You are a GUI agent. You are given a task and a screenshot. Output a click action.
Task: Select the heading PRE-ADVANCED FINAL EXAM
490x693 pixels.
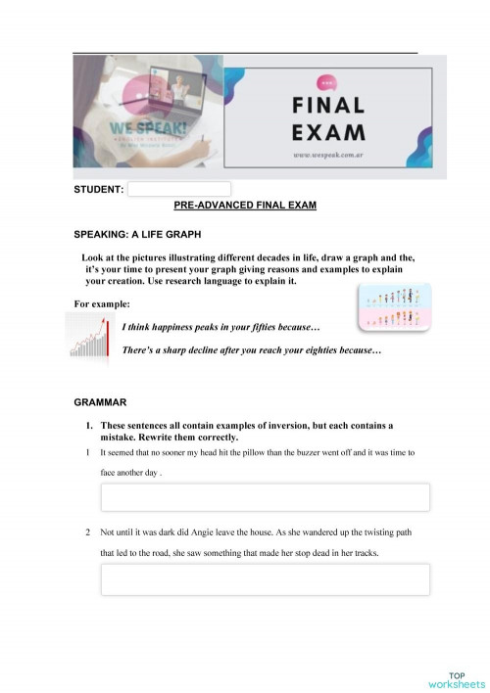click(x=244, y=207)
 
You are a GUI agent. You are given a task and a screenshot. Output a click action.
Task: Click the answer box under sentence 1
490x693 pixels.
click(x=265, y=497)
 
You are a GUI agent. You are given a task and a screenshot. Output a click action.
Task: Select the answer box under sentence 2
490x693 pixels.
click(x=265, y=579)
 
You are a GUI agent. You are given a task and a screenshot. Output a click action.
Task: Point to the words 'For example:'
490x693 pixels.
click(x=101, y=305)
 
